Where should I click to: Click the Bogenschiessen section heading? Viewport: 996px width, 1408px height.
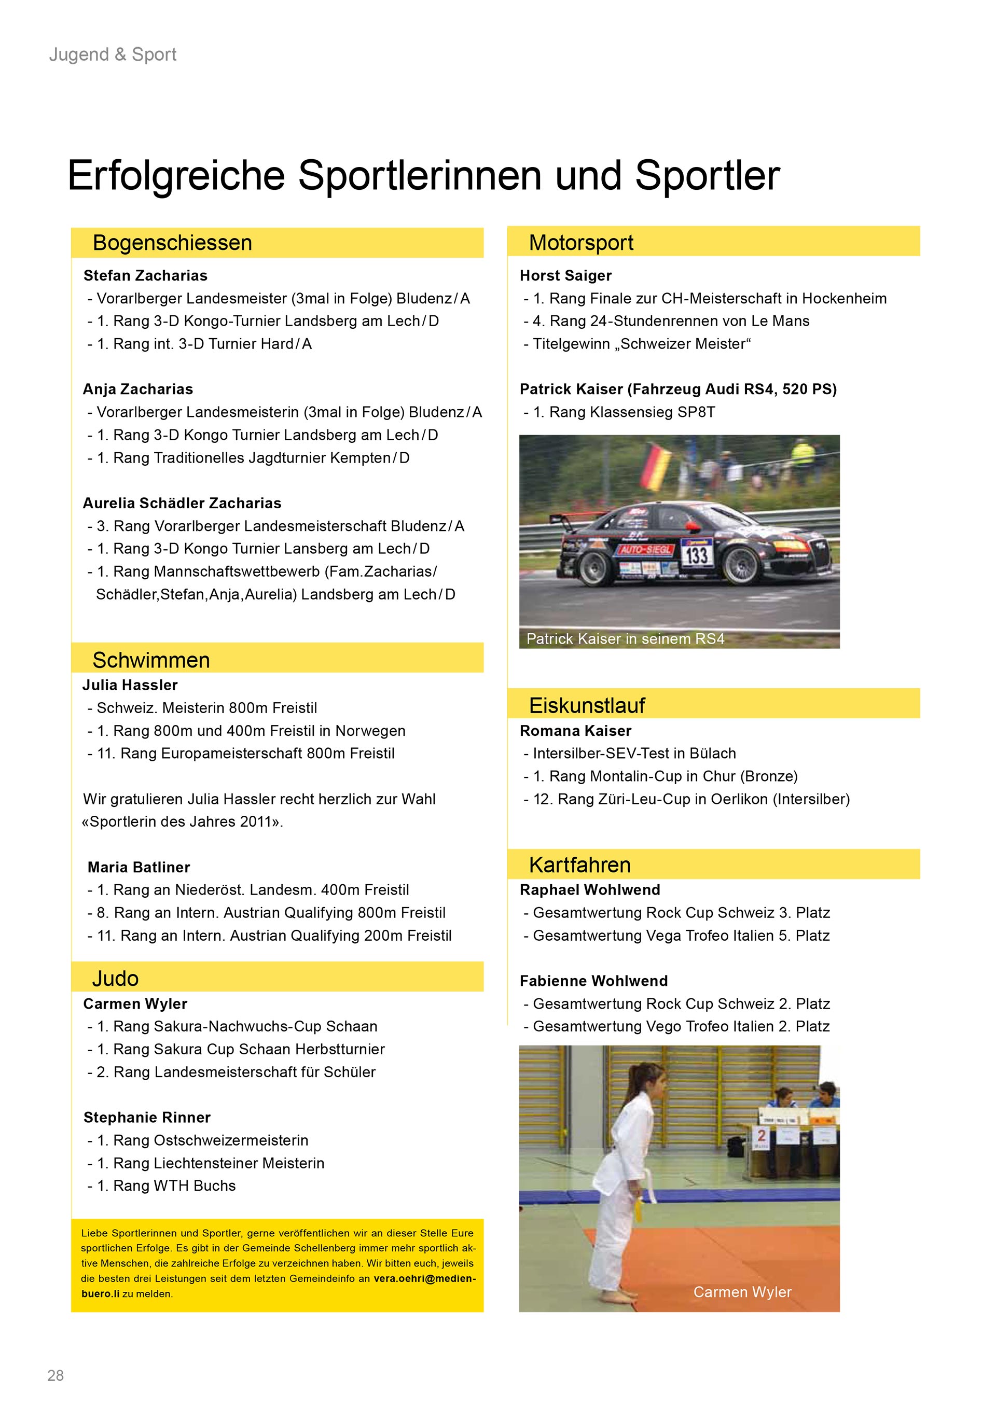coord(172,243)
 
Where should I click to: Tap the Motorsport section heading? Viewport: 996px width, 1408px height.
coord(581,243)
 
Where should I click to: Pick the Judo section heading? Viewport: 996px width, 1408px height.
coord(115,978)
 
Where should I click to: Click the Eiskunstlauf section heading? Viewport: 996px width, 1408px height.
coord(586,705)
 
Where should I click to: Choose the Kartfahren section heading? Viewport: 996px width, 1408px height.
coord(579,865)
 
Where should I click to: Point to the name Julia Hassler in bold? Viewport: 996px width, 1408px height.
coord(130,685)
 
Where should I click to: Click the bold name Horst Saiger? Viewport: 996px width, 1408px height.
coord(565,275)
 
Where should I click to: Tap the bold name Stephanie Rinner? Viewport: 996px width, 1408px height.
coord(147,1117)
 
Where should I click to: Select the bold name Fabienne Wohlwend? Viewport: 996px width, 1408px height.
coord(593,981)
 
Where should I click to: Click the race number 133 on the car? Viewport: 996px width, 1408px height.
coord(696,555)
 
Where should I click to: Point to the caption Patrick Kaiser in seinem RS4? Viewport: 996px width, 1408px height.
coord(625,639)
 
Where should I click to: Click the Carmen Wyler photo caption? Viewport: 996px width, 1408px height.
coord(742,1292)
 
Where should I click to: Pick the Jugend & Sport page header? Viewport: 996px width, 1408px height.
coord(113,54)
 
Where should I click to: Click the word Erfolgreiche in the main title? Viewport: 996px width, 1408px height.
coord(176,176)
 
